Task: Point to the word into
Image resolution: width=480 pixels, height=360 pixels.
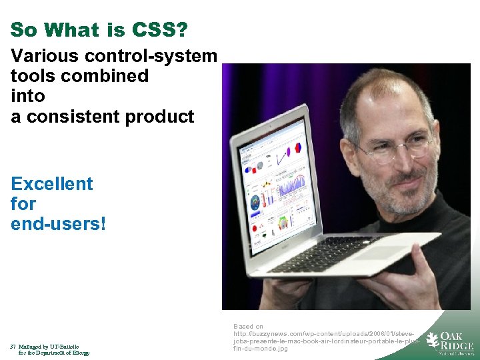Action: [28, 96]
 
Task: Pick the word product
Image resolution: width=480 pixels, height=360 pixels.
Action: [161, 116]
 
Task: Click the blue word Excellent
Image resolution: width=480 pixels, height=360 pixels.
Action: [52, 183]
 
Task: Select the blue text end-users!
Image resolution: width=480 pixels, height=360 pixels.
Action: [59, 223]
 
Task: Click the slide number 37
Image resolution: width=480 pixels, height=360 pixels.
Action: [13, 347]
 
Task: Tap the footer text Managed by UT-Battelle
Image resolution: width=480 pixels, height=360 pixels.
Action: [49, 347]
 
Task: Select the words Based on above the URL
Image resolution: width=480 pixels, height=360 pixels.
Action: [248, 327]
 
